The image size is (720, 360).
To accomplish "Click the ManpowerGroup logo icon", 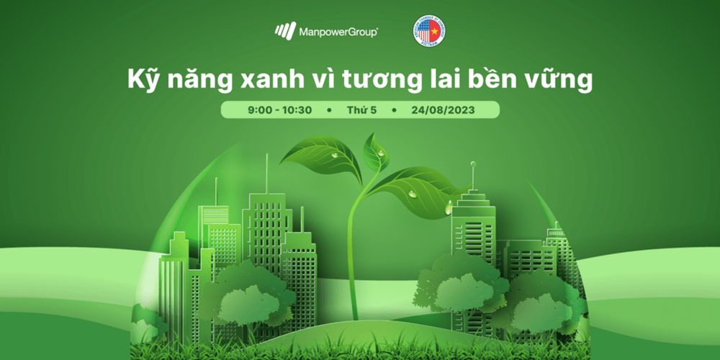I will (x=285, y=32).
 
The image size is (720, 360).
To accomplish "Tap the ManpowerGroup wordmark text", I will (x=338, y=32).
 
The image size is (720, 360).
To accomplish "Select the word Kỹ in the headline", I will (x=143, y=79).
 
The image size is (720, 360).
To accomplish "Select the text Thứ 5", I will (x=362, y=110).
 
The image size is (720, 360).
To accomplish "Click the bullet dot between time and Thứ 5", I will (x=329, y=111).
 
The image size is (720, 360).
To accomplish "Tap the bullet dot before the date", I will (x=395, y=111).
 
